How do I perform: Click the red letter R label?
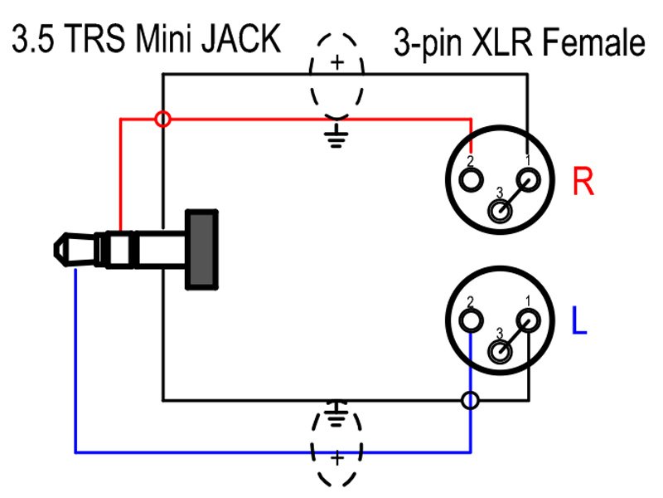[x=583, y=183]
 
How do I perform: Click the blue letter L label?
[x=579, y=322]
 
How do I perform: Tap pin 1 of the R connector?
[x=528, y=179]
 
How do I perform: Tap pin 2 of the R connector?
[x=472, y=179]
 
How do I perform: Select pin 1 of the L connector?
[x=528, y=320]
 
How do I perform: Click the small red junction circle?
[x=163, y=120]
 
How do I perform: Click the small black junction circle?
[x=470, y=401]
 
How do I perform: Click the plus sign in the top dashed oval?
[x=336, y=62]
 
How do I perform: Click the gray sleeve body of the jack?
[x=203, y=250]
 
